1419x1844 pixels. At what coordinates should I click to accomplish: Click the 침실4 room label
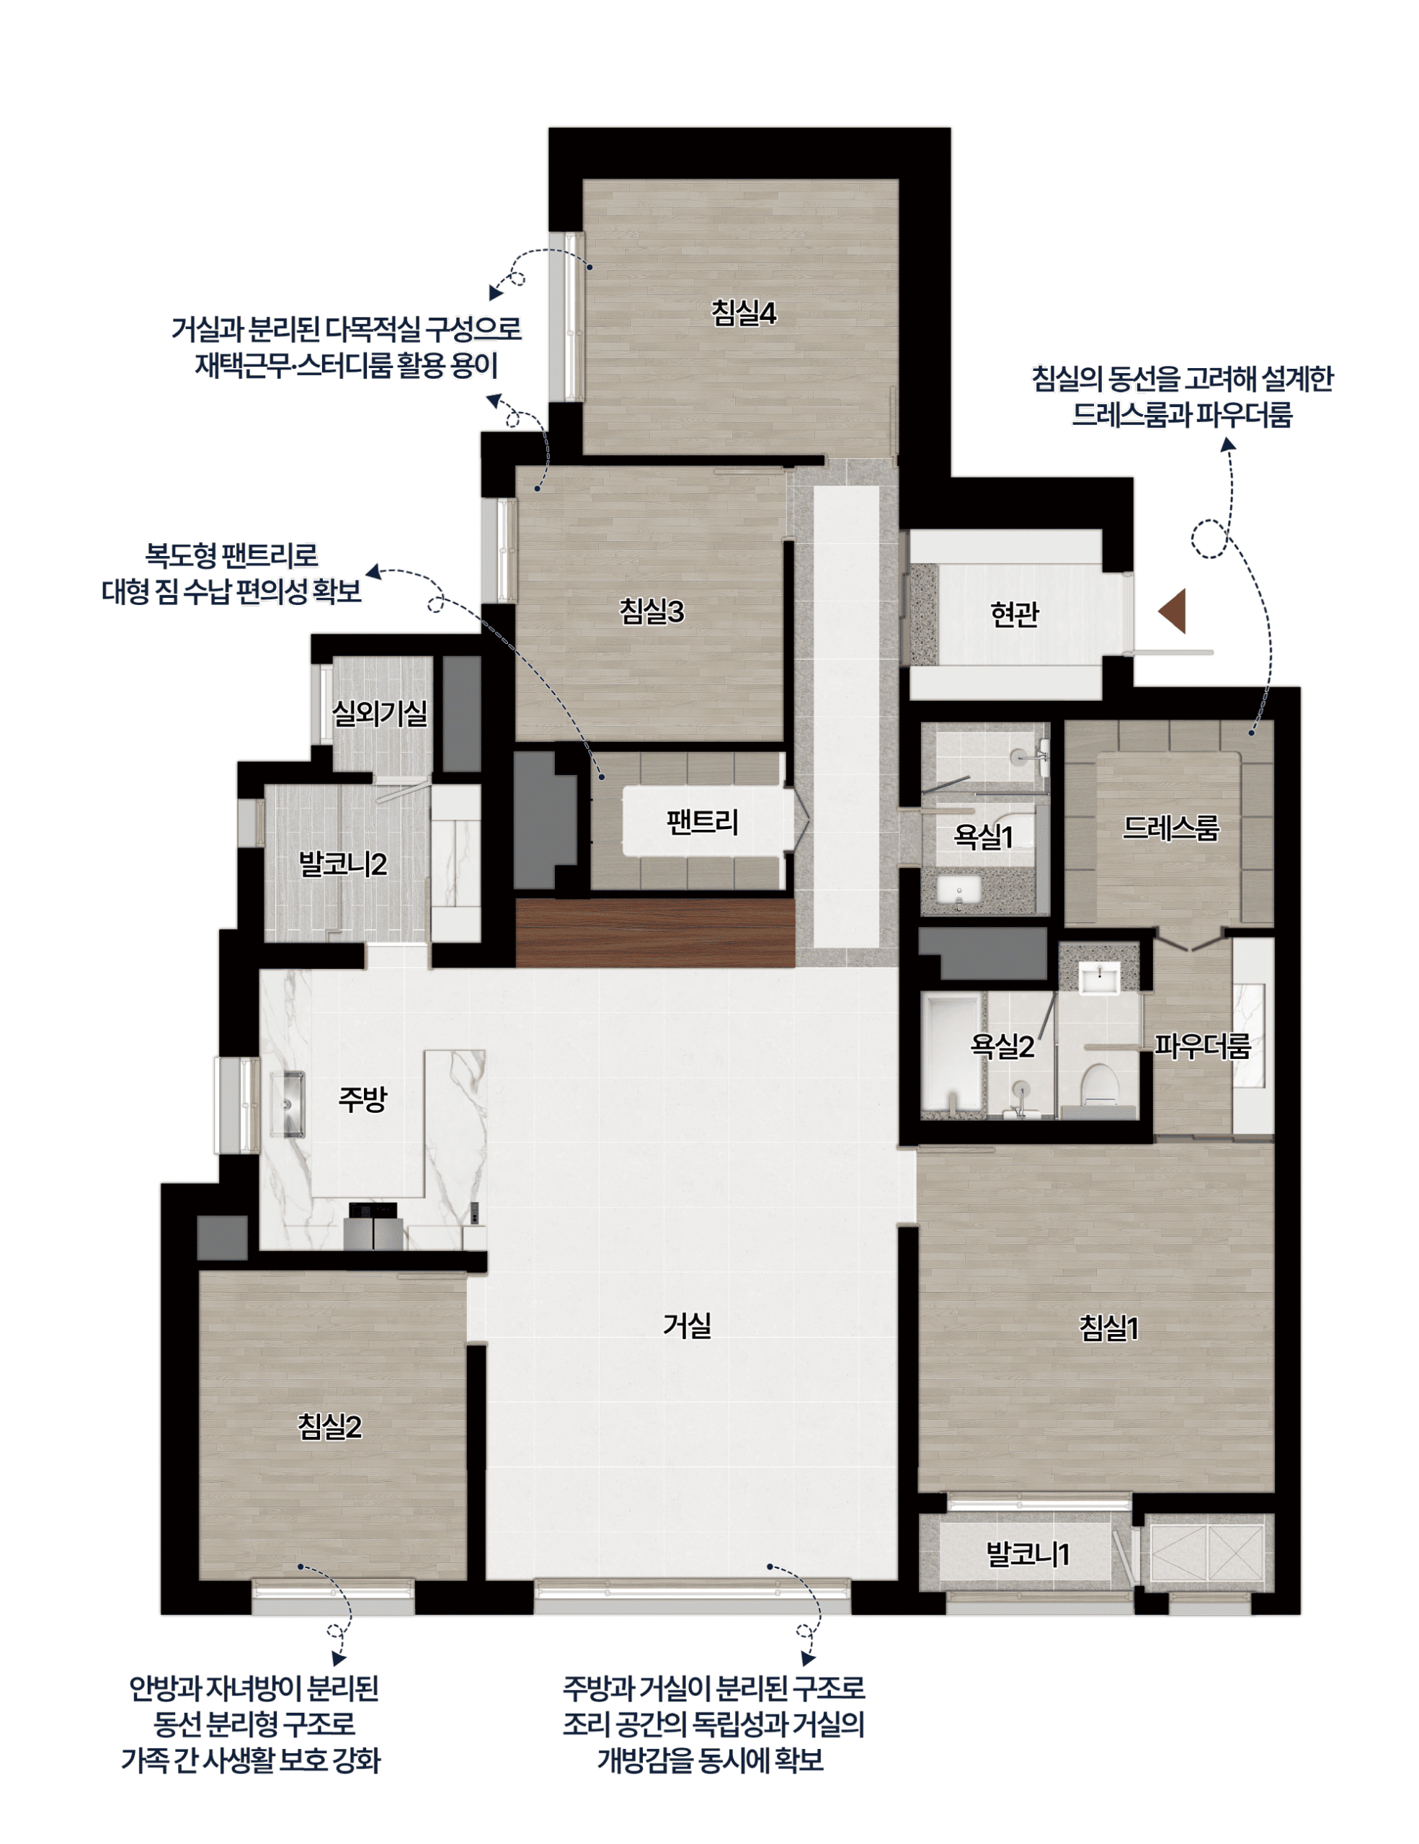[x=743, y=313]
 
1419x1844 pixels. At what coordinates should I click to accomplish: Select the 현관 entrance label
[x=1015, y=614]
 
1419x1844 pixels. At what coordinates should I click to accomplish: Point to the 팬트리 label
[x=702, y=822]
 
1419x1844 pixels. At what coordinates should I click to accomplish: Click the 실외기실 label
[x=379, y=713]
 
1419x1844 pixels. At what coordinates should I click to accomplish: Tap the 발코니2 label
[x=343, y=864]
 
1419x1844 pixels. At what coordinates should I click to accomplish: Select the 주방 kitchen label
[x=362, y=1098]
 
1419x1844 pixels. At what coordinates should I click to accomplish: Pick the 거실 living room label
[x=687, y=1325]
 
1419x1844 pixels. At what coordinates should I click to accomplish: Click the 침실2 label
[x=329, y=1426]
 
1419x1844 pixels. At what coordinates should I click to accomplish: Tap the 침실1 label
[x=1109, y=1328]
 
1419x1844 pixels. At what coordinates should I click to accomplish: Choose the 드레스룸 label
[x=1170, y=828]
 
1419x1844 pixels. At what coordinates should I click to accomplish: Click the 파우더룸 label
[x=1202, y=1046]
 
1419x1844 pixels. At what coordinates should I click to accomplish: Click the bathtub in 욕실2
[x=952, y=1052]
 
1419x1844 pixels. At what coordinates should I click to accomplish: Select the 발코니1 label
[x=1028, y=1554]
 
